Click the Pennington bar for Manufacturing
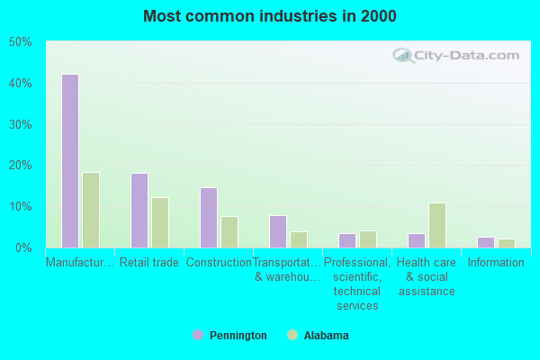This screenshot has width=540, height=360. (69, 161)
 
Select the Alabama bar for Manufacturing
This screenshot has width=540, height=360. (90, 210)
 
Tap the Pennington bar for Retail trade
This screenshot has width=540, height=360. (139, 211)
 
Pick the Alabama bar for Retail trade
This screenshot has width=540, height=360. (159, 222)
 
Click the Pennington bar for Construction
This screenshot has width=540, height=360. (208, 218)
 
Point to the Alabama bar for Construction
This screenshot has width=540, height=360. (229, 232)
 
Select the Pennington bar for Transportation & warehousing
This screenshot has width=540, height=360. (277, 231)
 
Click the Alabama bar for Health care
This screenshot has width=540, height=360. (436, 225)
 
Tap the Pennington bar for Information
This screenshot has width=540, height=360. (485, 242)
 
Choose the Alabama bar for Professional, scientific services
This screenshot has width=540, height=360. (367, 239)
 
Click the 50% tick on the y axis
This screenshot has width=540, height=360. (20, 42)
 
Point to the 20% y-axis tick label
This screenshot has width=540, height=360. (20, 166)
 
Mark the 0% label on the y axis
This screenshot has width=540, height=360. (23, 247)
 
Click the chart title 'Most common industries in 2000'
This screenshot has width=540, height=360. (269, 16)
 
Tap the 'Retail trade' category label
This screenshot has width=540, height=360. (148, 263)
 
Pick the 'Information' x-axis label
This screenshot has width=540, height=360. (495, 263)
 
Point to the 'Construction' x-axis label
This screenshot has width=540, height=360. (219, 263)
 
